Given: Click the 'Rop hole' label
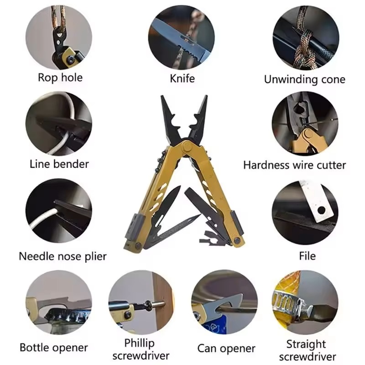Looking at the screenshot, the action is pyautogui.click(x=60, y=78).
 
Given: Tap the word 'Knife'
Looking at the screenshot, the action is pyautogui.click(x=182, y=78).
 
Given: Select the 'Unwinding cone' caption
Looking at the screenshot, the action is pyautogui.click(x=304, y=79).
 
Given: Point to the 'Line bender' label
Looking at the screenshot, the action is pyautogui.click(x=59, y=164).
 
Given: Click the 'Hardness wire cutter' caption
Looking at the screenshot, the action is pyautogui.click(x=294, y=165).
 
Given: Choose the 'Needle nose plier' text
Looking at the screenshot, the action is pyautogui.click(x=63, y=256).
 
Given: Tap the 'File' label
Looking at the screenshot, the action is pyautogui.click(x=307, y=256).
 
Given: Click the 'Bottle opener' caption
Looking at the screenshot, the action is pyautogui.click(x=54, y=348).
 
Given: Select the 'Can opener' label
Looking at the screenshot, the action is pyautogui.click(x=226, y=349).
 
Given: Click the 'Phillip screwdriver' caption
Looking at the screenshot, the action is pyautogui.click(x=141, y=349).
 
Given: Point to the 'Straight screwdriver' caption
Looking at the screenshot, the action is pyautogui.click(x=307, y=350).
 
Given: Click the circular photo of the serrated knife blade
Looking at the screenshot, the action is pyautogui.click(x=181, y=37).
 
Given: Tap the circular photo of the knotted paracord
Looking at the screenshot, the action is pyautogui.click(x=306, y=37).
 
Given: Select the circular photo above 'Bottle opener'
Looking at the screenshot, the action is pyautogui.click(x=59, y=302).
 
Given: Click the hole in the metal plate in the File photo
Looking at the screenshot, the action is pyautogui.click(x=322, y=210).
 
